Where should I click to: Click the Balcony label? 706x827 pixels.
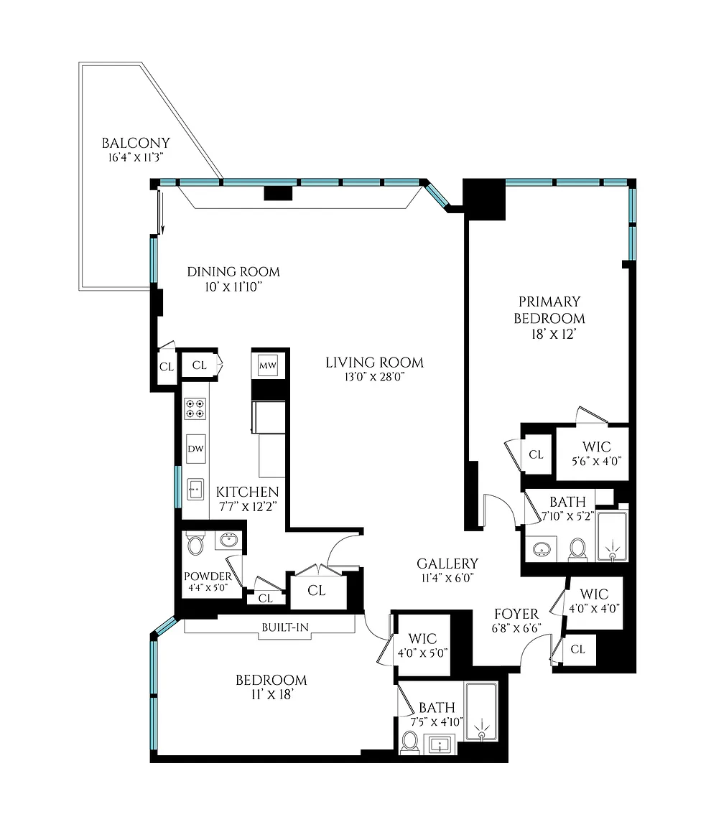136,143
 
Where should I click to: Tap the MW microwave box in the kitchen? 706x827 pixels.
268,365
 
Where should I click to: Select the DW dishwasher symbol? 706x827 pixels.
196,449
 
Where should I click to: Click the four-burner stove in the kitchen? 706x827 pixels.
195,408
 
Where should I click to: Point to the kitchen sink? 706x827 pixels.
195,490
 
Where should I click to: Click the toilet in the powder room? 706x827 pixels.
195,544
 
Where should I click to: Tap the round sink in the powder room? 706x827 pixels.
228,541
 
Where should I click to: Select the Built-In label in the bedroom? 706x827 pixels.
285,627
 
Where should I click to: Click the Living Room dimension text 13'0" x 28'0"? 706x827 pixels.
374,377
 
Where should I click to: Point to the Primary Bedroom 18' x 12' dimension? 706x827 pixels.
553,335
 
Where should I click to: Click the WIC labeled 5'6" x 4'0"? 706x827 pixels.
597,453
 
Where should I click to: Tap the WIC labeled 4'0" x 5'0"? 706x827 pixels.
422,645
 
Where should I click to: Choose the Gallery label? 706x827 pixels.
447,564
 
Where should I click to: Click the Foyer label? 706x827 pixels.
516,614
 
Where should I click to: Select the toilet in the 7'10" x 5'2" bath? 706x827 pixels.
578,549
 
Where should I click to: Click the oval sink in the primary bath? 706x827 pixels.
542,549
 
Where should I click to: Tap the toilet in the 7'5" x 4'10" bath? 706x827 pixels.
410,742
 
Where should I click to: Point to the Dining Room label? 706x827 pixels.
233,271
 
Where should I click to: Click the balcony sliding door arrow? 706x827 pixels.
162,212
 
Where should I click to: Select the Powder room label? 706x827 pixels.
208,576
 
